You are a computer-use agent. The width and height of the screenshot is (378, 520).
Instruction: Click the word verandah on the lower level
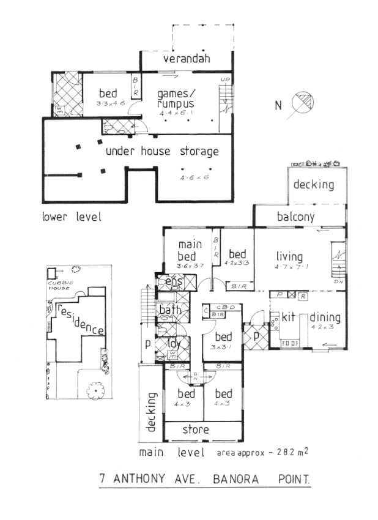point(187,59)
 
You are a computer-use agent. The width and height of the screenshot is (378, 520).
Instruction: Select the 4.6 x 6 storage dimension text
point(195,177)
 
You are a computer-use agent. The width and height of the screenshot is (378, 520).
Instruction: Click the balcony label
point(295,217)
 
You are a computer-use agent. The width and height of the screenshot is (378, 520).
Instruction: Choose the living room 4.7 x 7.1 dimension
point(290,267)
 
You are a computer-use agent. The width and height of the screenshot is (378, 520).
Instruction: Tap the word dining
point(325,318)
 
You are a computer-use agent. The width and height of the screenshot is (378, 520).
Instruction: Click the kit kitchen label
point(289,318)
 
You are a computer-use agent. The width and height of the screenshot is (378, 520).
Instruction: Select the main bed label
point(190,250)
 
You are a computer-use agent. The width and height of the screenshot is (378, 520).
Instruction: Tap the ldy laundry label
point(172,343)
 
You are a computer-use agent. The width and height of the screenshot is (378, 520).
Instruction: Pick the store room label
point(196,429)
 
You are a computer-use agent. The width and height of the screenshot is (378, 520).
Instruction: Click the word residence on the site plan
point(80,318)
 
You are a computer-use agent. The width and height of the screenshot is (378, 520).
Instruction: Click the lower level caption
point(71,217)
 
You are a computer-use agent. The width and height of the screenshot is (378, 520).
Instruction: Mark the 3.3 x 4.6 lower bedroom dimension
point(111,105)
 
